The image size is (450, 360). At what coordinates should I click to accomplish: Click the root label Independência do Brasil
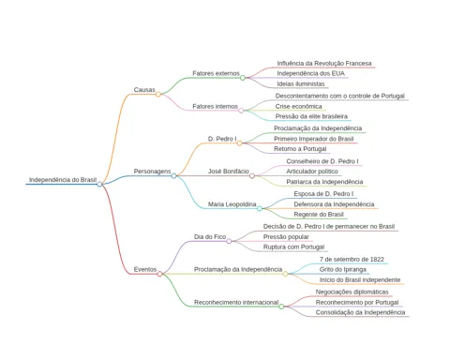[63, 180]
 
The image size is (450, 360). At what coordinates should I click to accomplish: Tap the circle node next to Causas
[158, 94]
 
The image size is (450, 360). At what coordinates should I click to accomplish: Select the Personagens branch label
[152, 172]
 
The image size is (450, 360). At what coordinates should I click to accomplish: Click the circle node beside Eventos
[159, 274]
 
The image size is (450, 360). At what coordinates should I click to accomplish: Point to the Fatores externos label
[216, 73]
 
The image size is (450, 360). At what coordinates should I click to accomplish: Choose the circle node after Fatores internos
[241, 111]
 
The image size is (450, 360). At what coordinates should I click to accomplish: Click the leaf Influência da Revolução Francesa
[324, 64]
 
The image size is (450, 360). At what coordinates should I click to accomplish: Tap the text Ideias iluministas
[301, 84]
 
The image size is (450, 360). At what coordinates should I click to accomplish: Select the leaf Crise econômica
[299, 107]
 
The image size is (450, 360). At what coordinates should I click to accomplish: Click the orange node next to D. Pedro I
[239, 143]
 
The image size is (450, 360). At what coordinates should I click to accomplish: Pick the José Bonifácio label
[229, 172]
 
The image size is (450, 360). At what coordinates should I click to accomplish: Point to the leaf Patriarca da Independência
[324, 182]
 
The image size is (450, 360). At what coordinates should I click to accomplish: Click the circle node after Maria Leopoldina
[260, 208]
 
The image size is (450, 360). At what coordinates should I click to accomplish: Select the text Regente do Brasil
[319, 215]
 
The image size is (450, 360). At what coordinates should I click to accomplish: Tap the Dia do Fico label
[210, 237]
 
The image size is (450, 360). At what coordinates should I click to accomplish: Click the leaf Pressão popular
[286, 237]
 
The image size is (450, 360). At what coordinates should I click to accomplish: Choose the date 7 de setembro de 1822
[352, 260]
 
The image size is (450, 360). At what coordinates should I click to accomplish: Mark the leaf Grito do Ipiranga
[343, 270]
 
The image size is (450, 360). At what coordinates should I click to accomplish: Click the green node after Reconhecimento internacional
[281, 307]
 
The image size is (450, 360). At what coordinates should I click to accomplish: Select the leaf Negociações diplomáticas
[352, 292]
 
